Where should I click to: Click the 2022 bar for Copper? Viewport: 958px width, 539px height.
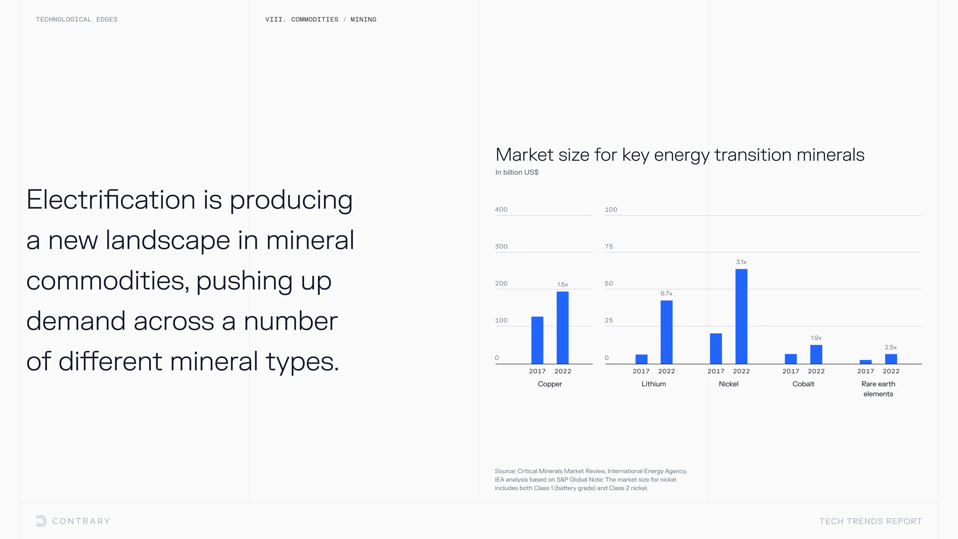pos(562,327)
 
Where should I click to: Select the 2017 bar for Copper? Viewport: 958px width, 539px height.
pos(537,340)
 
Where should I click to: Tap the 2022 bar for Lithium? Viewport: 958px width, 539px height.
pos(666,332)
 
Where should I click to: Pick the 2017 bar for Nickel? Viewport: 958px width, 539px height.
pos(716,349)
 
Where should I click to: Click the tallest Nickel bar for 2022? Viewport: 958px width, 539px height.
pos(741,316)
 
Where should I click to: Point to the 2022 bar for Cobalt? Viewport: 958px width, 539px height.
pos(816,354)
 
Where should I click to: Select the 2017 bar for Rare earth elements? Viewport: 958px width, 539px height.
pos(866,362)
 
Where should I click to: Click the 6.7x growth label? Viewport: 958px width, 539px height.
pos(666,293)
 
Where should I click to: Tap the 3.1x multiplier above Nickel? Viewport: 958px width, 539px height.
pos(741,262)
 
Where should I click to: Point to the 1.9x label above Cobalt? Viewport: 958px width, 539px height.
pos(816,338)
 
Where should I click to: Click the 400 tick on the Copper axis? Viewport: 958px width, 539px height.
pos(501,209)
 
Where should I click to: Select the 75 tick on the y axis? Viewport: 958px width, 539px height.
pos(609,246)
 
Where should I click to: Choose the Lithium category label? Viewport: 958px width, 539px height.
pos(653,384)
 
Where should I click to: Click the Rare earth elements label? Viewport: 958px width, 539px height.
pos(878,389)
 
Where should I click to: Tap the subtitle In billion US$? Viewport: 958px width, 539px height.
pos(517,172)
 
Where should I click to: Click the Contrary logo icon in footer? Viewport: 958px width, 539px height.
pos(41,521)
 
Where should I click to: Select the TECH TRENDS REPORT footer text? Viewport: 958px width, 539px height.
pos(871,521)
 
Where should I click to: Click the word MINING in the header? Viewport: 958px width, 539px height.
pos(363,19)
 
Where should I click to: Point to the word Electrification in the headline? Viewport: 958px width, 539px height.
pos(111,200)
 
